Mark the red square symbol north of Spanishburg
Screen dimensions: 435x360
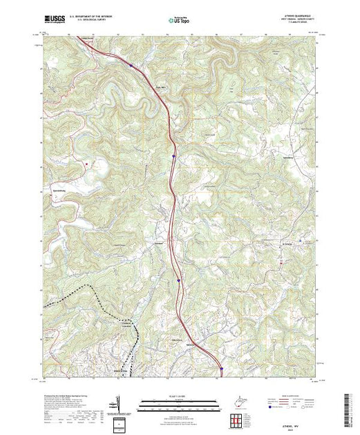click(x=86, y=163)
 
